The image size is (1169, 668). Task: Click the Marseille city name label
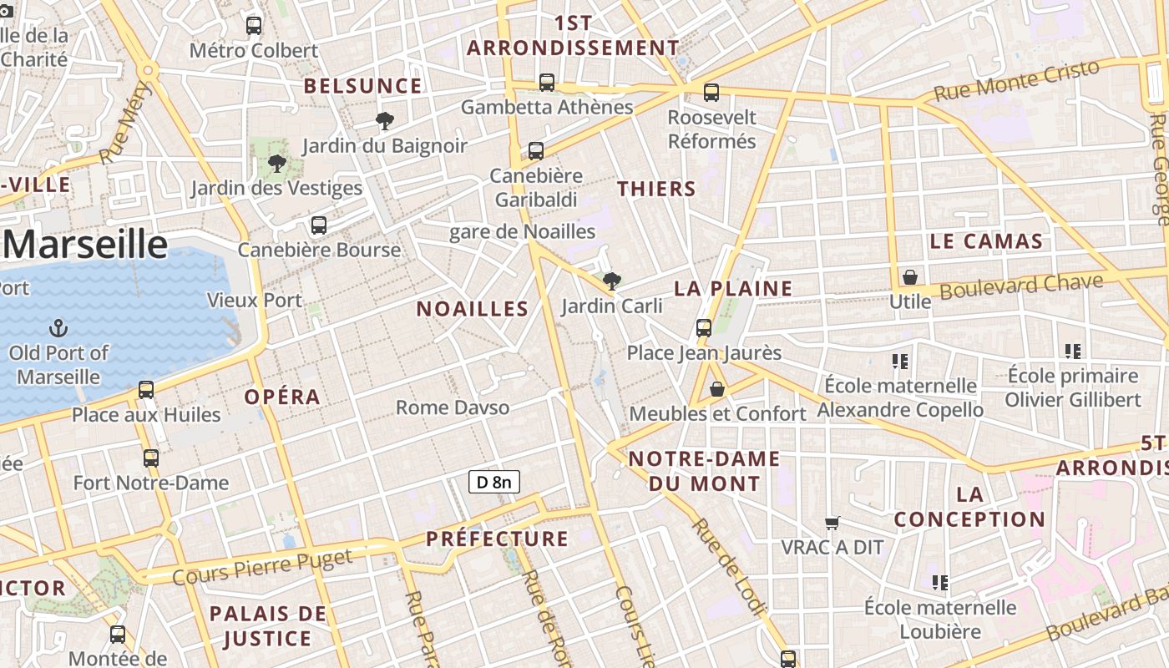click(x=85, y=245)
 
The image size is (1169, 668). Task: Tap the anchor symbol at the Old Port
click(x=59, y=327)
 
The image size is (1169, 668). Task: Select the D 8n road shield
click(x=493, y=482)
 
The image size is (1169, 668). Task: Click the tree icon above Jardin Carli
click(x=612, y=281)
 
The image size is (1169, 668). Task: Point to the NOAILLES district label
click(x=473, y=309)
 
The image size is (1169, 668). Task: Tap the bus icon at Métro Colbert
click(x=254, y=26)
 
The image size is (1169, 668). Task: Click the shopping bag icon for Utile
click(x=910, y=276)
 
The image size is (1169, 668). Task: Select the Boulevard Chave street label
click(x=1021, y=286)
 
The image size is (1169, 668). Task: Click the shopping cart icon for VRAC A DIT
click(x=832, y=523)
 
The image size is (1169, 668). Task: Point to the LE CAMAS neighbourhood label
click(x=986, y=242)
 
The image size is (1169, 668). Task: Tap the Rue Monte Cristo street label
click(x=1016, y=81)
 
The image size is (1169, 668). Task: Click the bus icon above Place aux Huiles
click(x=146, y=389)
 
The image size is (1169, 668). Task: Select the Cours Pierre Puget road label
click(x=262, y=566)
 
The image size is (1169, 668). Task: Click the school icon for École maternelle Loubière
click(x=940, y=582)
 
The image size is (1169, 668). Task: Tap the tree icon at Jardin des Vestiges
click(x=276, y=163)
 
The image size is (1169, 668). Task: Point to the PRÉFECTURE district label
click(x=497, y=539)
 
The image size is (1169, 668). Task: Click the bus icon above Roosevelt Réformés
click(x=711, y=93)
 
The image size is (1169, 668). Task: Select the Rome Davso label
click(x=452, y=407)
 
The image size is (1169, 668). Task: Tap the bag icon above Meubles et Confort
click(x=716, y=389)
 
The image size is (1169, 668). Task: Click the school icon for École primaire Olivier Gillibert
click(x=1073, y=352)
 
